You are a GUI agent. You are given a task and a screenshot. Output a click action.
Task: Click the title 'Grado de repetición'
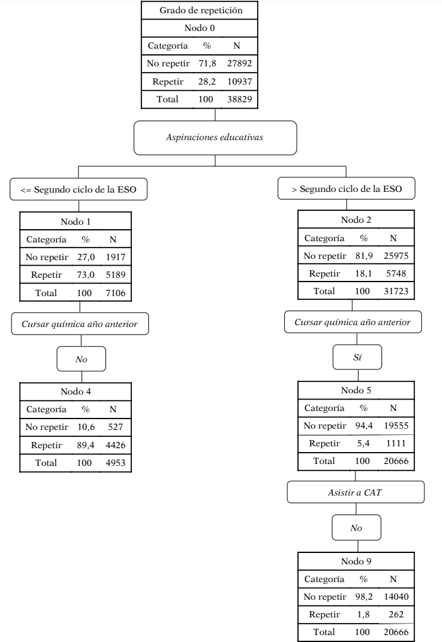[x=200, y=10]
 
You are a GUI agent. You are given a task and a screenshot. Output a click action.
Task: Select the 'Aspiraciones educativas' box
[x=215, y=138]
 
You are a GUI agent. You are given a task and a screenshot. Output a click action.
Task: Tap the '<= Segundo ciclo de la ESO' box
[x=79, y=189]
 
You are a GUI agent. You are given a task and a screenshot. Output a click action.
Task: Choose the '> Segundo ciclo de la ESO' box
[x=347, y=189]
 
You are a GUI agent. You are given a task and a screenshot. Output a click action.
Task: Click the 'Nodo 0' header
[x=200, y=28]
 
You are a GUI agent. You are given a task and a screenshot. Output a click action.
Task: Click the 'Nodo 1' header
[x=76, y=221]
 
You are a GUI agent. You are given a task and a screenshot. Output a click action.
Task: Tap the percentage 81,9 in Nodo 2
[x=364, y=256]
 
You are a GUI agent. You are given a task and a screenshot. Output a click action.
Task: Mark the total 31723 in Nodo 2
[x=393, y=291]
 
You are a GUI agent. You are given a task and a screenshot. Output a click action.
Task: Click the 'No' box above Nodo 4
[x=81, y=359]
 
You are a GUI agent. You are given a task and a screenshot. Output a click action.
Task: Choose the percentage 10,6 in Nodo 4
[x=85, y=427]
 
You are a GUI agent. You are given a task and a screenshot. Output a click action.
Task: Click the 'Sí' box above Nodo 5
[x=357, y=357]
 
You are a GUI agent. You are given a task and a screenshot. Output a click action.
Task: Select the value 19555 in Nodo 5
[x=393, y=425]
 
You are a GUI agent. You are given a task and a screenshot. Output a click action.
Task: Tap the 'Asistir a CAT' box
[x=355, y=492]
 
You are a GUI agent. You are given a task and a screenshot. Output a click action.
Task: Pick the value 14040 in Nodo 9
[x=393, y=597]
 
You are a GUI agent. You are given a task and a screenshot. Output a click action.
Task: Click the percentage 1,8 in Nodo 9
[x=364, y=614]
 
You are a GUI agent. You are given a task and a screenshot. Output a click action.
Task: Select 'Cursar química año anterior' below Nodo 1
[x=80, y=324]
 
